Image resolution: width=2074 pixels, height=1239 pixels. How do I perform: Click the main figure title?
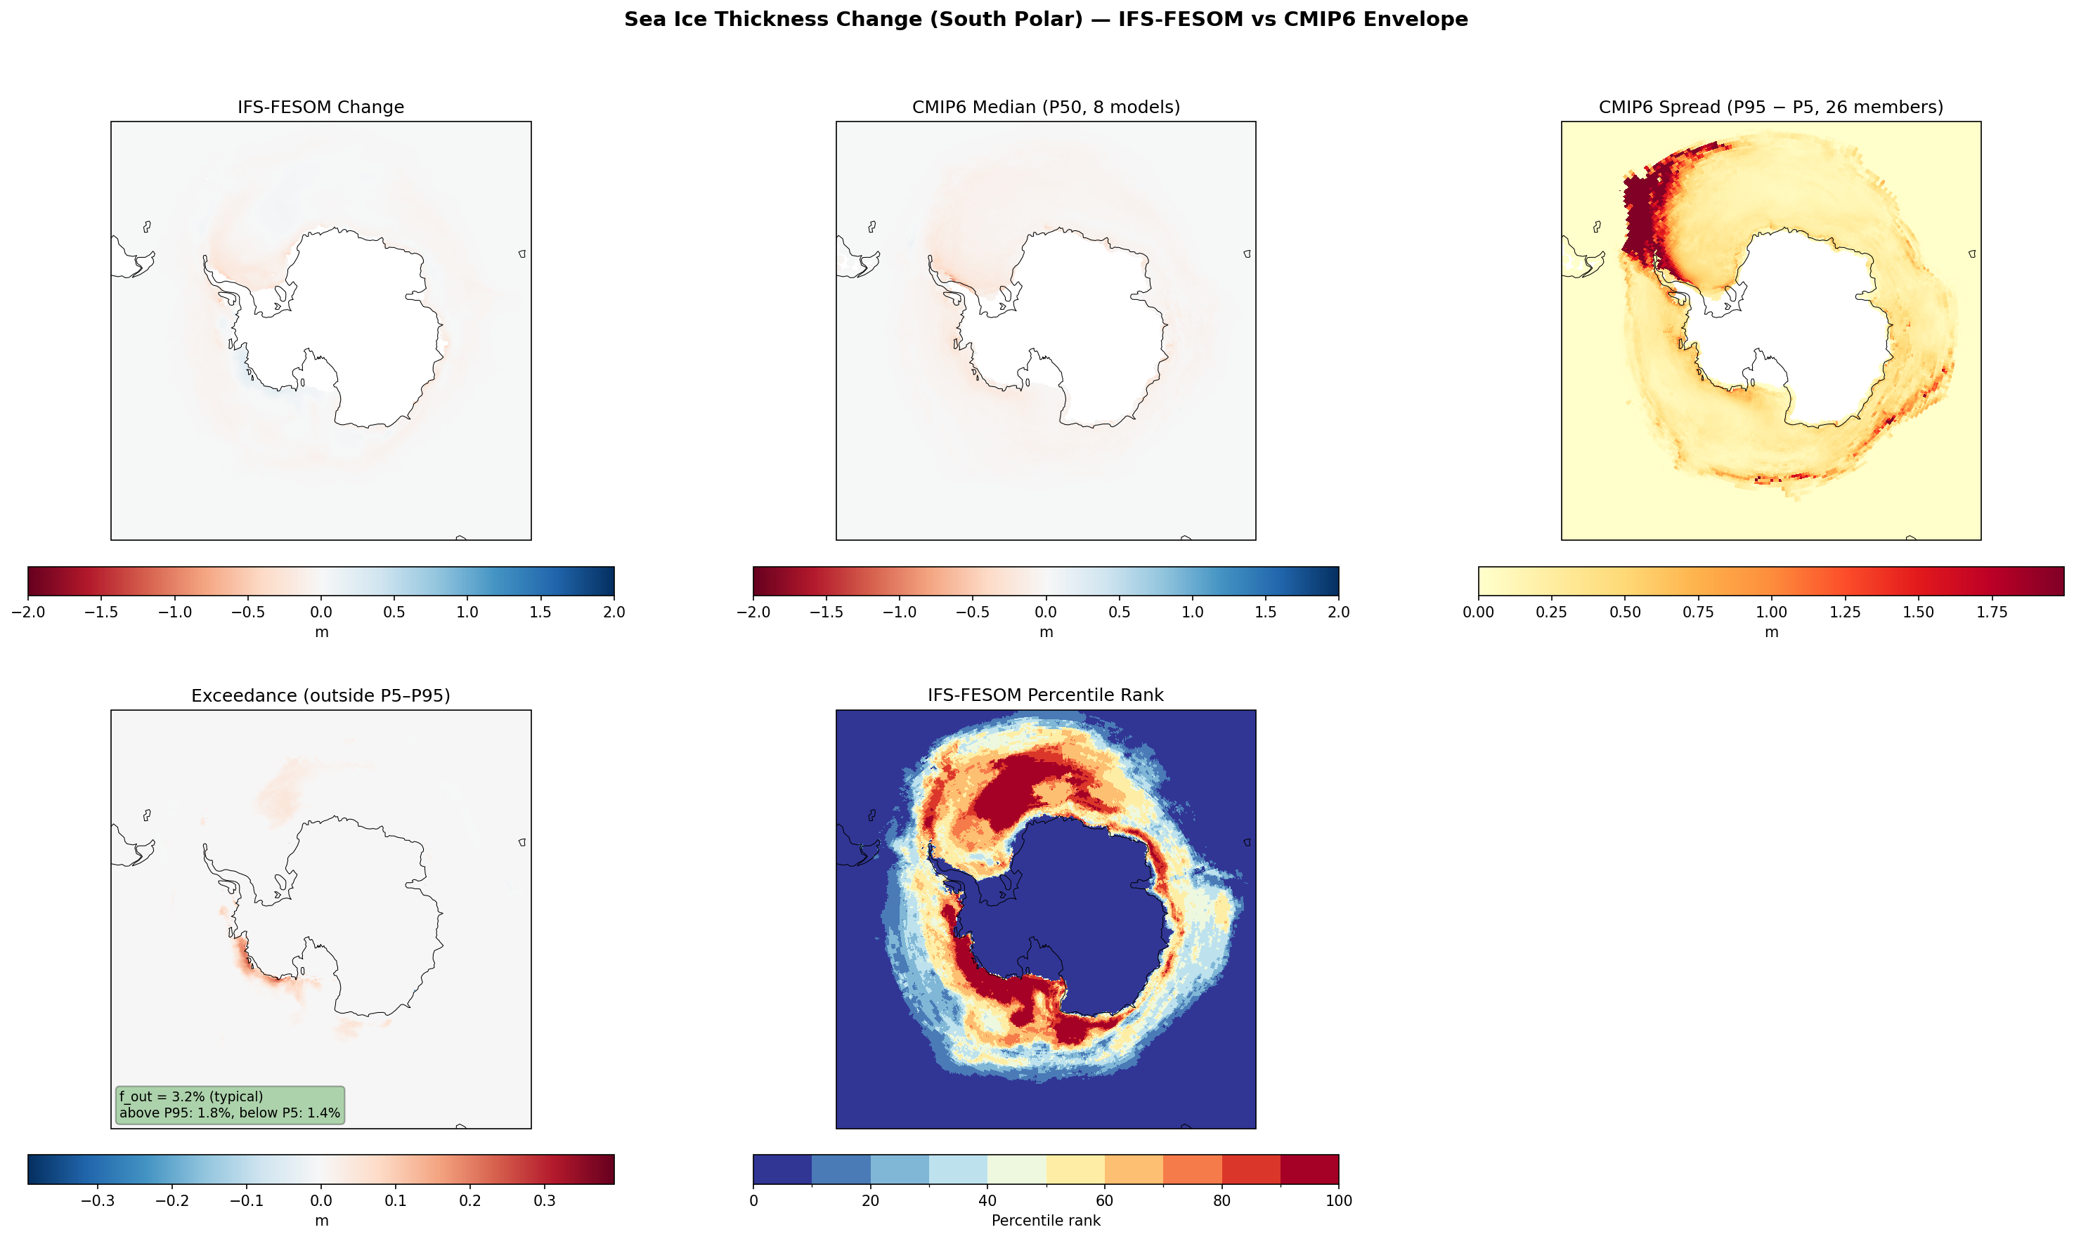point(1045,19)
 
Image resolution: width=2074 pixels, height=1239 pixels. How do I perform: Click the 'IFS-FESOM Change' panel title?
point(320,107)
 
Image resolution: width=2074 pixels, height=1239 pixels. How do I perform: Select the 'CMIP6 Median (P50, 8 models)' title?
point(1046,107)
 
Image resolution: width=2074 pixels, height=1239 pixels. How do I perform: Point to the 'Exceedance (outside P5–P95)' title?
point(320,695)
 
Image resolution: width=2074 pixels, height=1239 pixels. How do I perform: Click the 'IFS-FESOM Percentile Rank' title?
point(1045,695)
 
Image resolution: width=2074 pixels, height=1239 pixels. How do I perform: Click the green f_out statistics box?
point(229,1105)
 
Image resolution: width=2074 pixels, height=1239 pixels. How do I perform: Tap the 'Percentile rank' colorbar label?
point(1045,1221)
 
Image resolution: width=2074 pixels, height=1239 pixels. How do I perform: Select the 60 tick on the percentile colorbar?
point(1104,1200)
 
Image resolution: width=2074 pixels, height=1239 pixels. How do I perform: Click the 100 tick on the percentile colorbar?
point(1338,1200)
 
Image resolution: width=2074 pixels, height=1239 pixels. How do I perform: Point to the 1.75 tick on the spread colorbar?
point(1991,612)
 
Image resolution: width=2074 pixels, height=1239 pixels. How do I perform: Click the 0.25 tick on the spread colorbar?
point(1551,612)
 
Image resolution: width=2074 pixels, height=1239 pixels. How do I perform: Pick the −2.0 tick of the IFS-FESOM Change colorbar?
point(27,612)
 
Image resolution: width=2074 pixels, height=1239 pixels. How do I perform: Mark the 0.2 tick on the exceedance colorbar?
point(469,1200)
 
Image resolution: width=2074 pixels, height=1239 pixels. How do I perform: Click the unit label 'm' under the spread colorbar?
point(1771,632)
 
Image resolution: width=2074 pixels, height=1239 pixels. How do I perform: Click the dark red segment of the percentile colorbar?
point(1309,1169)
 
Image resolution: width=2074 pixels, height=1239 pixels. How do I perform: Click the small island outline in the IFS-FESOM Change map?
point(147,226)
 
